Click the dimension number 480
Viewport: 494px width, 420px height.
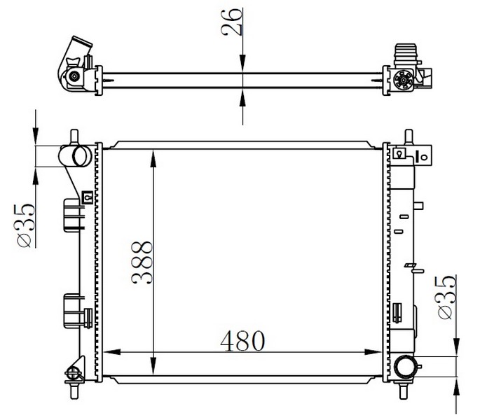tap(242, 341)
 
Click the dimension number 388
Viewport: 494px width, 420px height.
tap(142, 263)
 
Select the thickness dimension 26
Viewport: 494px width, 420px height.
tap(232, 22)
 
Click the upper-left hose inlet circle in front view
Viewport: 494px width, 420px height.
tap(82, 156)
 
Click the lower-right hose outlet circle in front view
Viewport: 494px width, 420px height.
tap(404, 367)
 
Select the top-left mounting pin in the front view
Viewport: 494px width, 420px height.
tap(74, 137)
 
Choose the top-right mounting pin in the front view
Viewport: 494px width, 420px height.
tap(409, 136)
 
